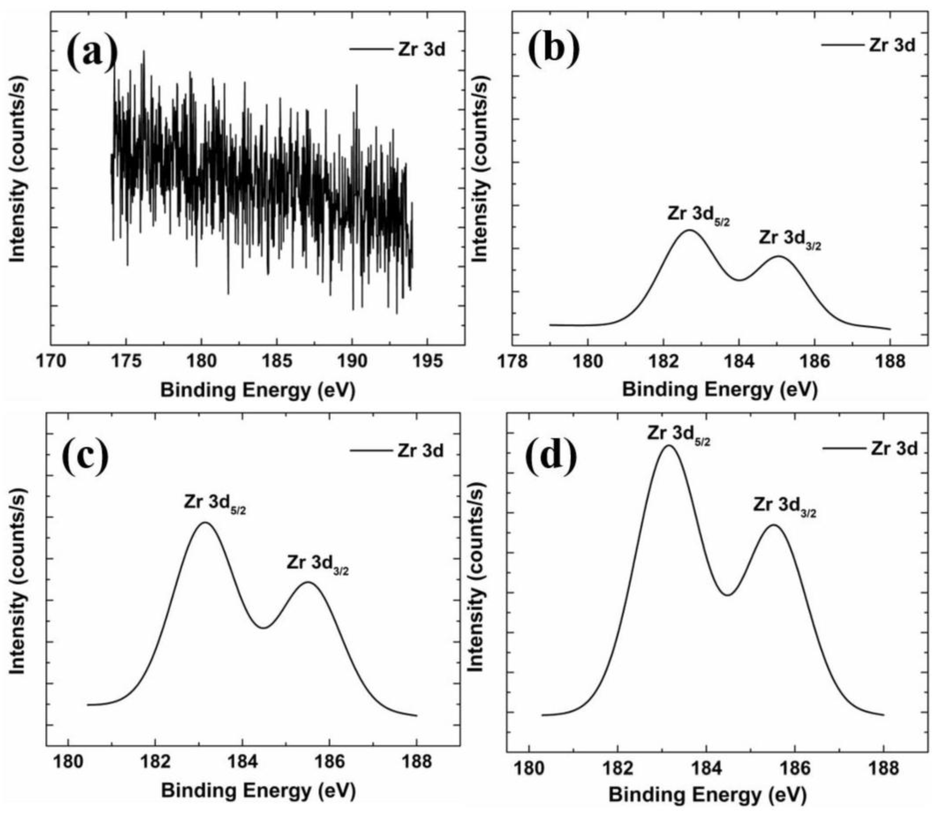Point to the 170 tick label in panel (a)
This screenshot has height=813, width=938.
click(x=51, y=361)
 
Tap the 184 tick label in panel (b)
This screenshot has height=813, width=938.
click(x=739, y=361)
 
